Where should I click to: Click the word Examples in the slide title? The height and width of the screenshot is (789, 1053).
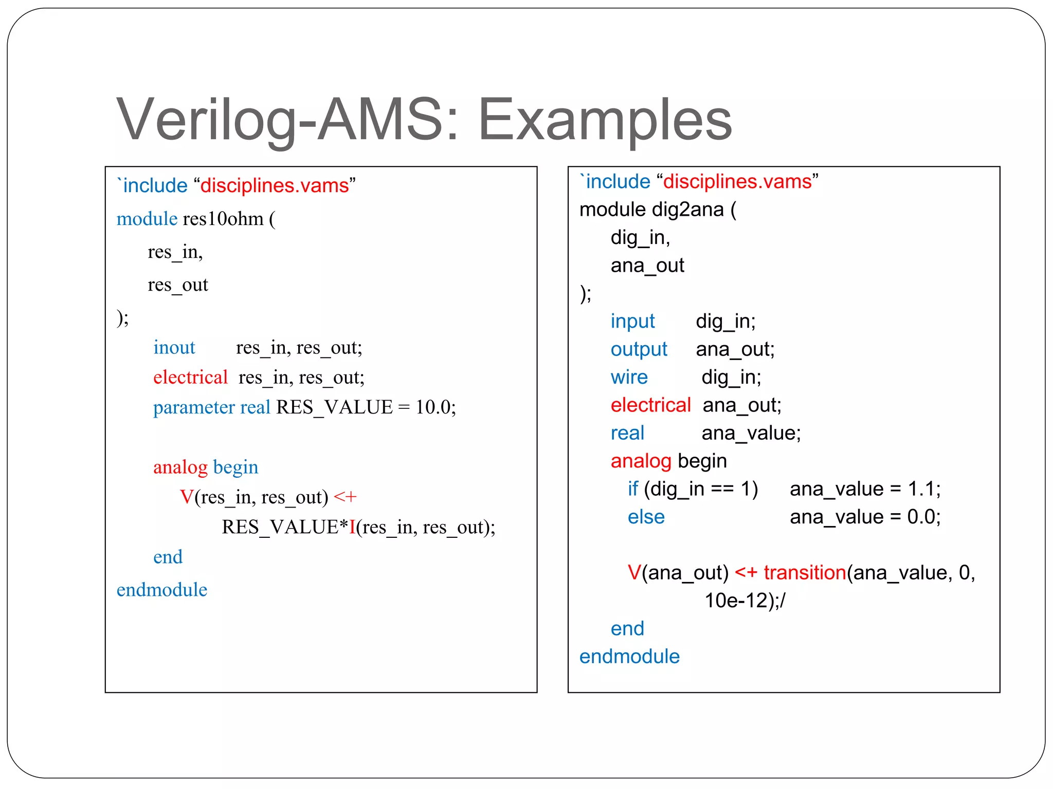(x=605, y=120)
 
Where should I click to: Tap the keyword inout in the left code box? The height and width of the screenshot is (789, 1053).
(x=174, y=348)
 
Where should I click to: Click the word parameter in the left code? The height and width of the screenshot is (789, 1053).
(x=194, y=407)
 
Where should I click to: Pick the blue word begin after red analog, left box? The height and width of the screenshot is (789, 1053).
(x=235, y=467)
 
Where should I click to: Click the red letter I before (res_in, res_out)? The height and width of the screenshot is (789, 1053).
(x=352, y=527)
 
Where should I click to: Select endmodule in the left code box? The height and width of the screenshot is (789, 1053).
(x=162, y=590)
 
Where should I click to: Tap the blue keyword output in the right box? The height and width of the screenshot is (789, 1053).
(x=639, y=349)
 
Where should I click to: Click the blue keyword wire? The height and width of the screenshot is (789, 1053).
(x=629, y=378)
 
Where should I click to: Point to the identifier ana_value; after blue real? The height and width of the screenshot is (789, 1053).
(x=751, y=433)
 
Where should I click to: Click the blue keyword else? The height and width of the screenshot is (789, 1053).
(x=646, y=517)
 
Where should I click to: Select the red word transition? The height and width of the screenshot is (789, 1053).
(x=805, y=572)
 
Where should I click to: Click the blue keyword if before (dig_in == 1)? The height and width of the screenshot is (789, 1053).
(x=632, y=489)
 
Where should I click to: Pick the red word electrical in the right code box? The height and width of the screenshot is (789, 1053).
(x=650, y=405)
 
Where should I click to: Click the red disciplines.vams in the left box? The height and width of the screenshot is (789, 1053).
(x=275, y=185)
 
